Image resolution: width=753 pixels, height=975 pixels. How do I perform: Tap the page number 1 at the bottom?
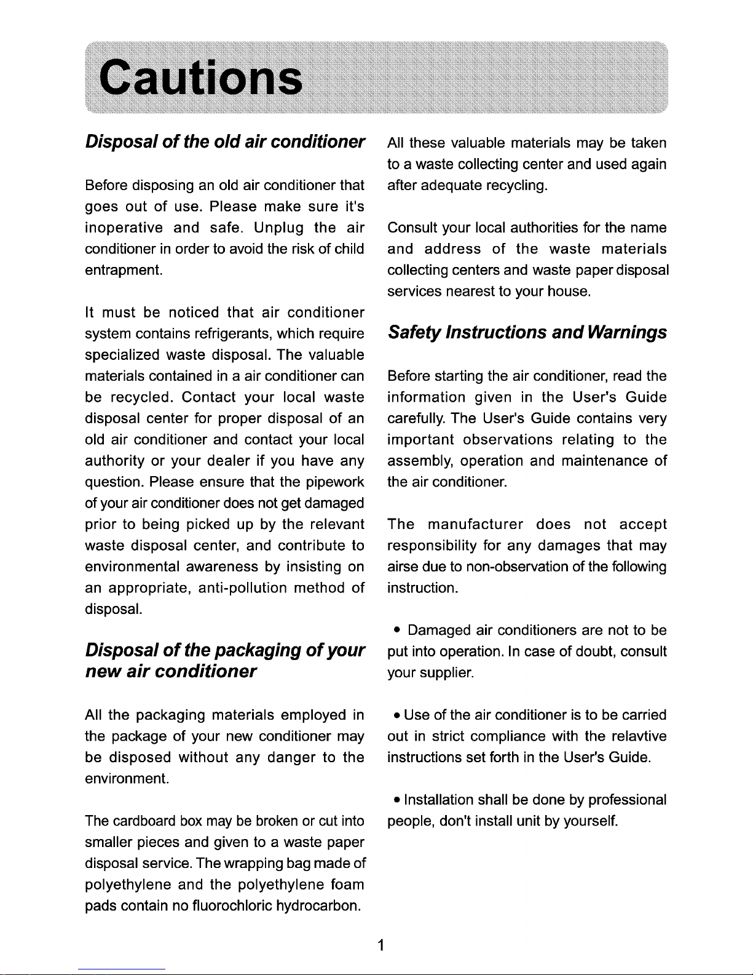coord(382,945)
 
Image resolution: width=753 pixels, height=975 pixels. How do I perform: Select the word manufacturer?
coord(475,524)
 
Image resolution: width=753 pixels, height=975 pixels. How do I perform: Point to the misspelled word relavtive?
coord(639,736)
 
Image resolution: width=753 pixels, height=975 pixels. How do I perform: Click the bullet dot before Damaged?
coord(399,630)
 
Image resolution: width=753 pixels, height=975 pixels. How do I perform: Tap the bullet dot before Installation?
coord(399,800)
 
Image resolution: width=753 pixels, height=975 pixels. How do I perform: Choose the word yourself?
coord(589,821)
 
